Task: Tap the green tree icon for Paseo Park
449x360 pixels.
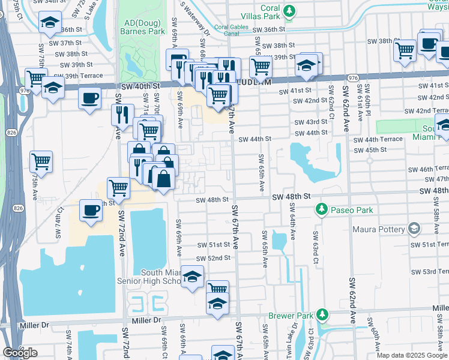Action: click(x=322, y=209)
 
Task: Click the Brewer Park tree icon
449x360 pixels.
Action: click(x=323, y=315)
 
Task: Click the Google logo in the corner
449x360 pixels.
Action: click(x=20, y=353)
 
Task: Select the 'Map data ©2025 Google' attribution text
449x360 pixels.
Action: click(x=411, y=355)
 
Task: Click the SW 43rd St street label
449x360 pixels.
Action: click(x=307, y=122)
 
